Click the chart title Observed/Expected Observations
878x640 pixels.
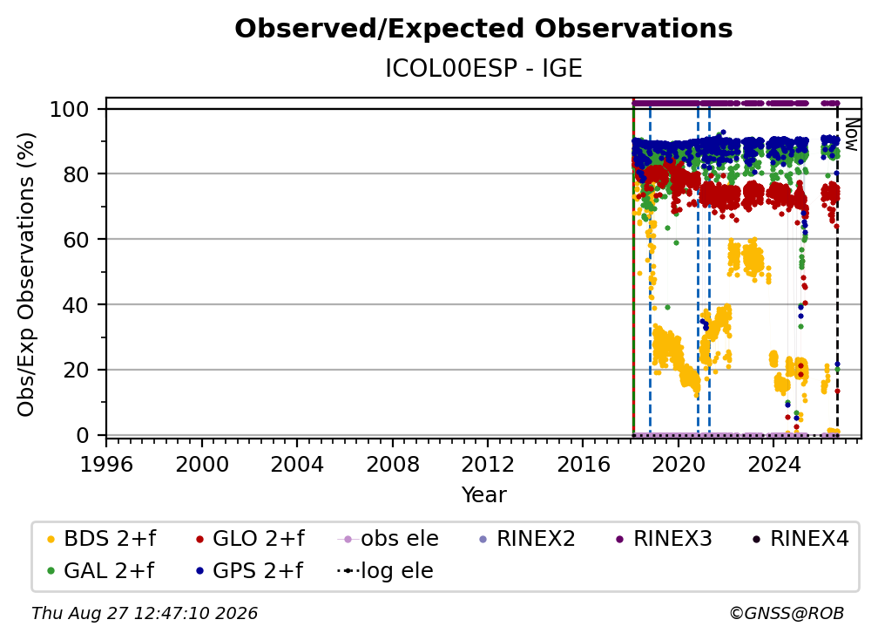pyautogui.click(x=483, y=29)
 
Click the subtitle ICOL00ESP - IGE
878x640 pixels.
pyautogui.click(x=483, y=68)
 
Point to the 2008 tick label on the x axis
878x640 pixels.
pyautogui.click(x=392, y=465)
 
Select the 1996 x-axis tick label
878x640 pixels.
pyautogui.click(x=106, y=465)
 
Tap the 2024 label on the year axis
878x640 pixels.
pyautogui.click(x=773, y=465)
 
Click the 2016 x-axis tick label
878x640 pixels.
pyautogui.click(x=583, y=465)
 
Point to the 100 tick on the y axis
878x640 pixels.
pyautogui.click(x=70, y=109)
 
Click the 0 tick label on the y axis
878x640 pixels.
pyautogui.click(x=83, y=435)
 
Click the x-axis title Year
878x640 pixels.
pyautogui.click(x=483, y=495)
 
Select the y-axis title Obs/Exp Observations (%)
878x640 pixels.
pyautogui.click(x=26, y=275)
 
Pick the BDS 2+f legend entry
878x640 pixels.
pyautogui.click(x=101, y=539)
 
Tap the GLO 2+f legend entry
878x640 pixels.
pyautogui.click(x=250, y=539)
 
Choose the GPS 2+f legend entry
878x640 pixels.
pyautogui.click(x=249, y=571)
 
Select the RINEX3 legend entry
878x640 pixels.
pyautogui.click(x=664, y=539)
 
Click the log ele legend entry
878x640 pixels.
pyautogui.click(x=385, y=571)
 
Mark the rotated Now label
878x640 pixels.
pyautogui.click(x=851, y=134)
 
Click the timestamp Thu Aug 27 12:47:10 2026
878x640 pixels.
pyautogui.click(x=145, y=614)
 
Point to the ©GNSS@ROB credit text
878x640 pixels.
pyautogui.click(x=787, y=614)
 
